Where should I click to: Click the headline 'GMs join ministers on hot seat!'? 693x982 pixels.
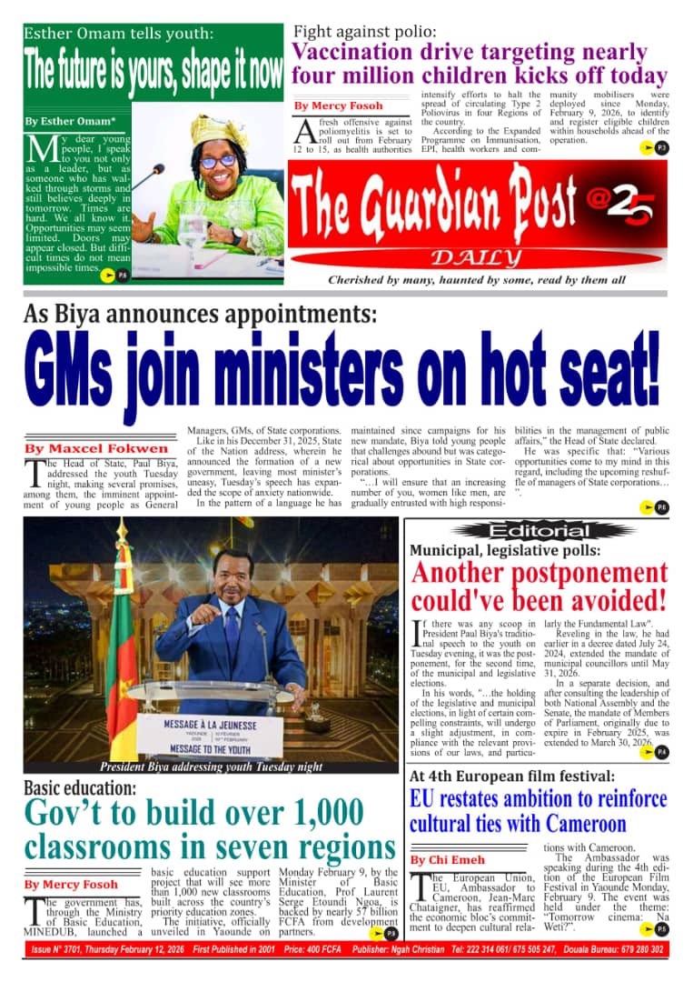pyautogui.click(x=345, y=371)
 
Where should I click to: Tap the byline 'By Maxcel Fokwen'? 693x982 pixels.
pyautogui.click(x=96, y=448)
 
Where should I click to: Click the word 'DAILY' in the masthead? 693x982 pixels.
pyautogui.click(x=476, y=256)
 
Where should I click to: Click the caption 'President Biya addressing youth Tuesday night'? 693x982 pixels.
pyautogui.click(x=211, y=767)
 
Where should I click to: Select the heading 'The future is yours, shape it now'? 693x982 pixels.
pyautogui.click(x=153, y=65)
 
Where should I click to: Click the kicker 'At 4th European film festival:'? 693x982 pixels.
pyautogui.click(x=512, y=777)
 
